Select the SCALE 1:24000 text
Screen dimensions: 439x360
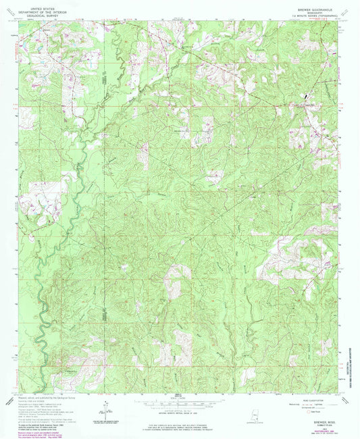[179, 395]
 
